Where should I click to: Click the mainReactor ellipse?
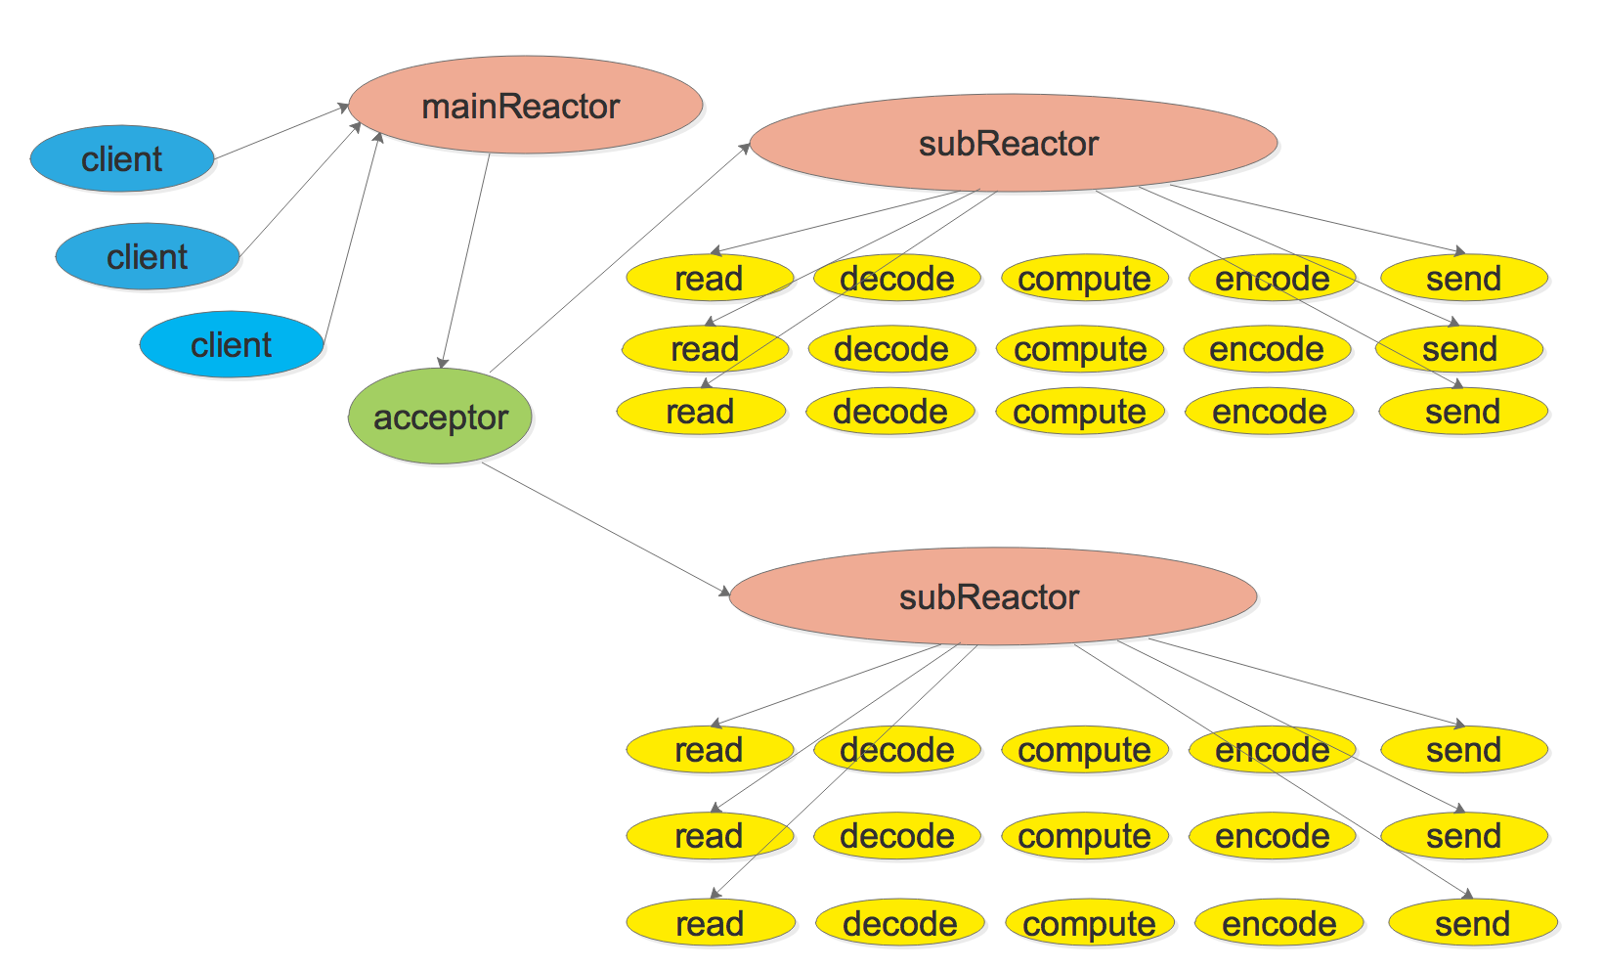(x=525, y=106)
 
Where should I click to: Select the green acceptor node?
(x=440, y=417)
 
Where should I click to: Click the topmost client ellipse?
(x=122, y=158)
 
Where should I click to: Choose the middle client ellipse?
(x=147, y=256)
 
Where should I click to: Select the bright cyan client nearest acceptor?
(x=232, y=344)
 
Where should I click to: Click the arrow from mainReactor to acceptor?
(x=466, y=260)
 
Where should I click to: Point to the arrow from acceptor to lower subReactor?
(x=606, y=529)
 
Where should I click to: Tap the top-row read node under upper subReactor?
(x=709, y=279)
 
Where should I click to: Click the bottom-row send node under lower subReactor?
(x=1472, y=923)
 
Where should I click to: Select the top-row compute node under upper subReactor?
(x=1084, y=279)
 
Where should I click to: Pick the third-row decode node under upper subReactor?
(x=889, y=412)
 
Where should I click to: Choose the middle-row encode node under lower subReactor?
(x=1272, y=836)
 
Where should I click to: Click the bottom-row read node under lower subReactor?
(x=710, y=923)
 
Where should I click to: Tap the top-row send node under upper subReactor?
(x=1463, y=279)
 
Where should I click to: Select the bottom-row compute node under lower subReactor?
(x=1089, y=923)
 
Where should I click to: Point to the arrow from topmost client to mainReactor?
(x=282, y=132)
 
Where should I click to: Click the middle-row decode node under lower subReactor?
(x=896, y=836)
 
